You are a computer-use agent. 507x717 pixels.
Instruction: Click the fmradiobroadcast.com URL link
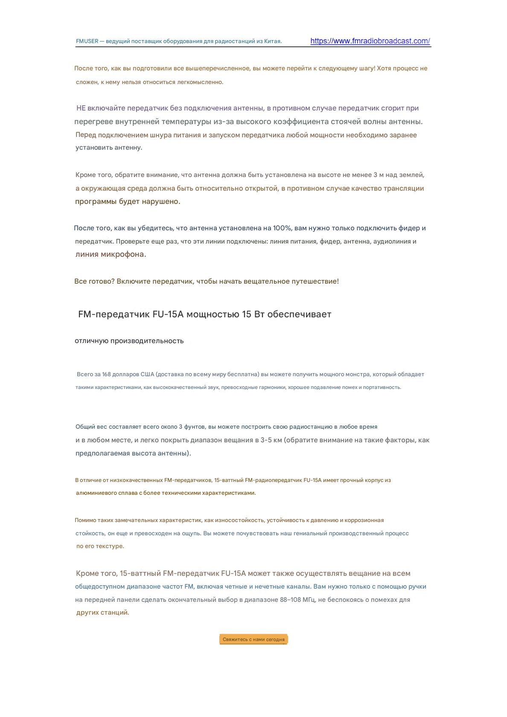(370, 41)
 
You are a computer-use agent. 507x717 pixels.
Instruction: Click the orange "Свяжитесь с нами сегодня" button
(253, 639)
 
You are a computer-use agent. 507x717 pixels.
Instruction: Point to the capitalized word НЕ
(81, 108)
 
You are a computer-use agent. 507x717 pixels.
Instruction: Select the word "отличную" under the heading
(92, 341)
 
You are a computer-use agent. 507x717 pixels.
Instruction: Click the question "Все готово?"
(94, 282)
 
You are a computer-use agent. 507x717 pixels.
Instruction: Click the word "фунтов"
(195, 427)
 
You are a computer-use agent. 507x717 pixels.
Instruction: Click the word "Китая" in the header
(272, 41)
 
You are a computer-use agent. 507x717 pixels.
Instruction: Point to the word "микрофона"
(123, 255)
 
